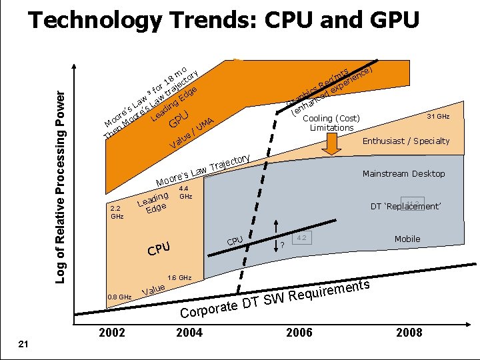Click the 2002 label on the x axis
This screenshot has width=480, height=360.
111,332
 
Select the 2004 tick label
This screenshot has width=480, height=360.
189,332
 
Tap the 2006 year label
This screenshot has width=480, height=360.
299,332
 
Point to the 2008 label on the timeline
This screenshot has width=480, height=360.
408,332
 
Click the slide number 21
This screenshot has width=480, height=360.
23,343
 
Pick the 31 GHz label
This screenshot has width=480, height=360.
438,117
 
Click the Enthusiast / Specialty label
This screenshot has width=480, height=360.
405,141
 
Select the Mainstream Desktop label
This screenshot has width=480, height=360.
403,174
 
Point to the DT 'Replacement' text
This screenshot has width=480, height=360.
405,207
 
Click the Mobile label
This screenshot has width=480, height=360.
407,239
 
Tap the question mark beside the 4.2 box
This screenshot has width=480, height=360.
282,245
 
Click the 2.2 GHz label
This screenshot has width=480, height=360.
117,212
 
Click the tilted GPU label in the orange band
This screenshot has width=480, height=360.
179,119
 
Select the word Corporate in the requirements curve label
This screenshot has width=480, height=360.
209,309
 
